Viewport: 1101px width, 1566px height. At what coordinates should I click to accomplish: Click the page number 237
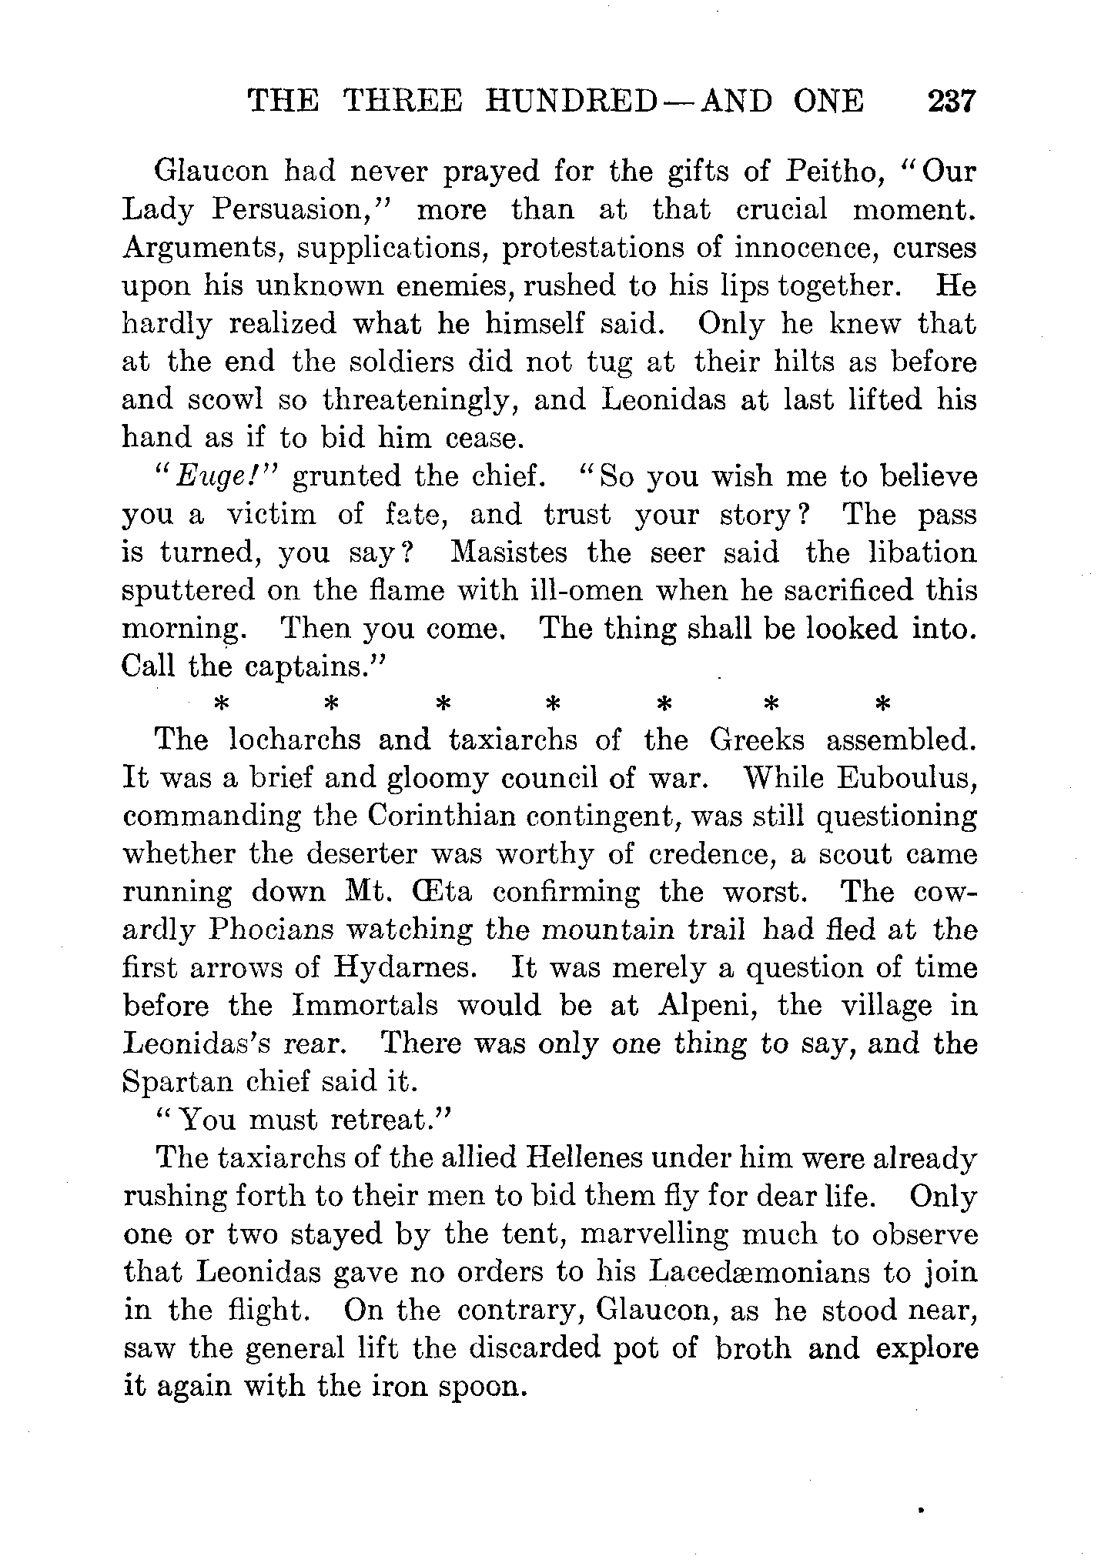pos(952,102)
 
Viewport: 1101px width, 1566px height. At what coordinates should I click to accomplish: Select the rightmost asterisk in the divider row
pos(882,704)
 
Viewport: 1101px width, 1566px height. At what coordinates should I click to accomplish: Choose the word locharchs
pos(294,740)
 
